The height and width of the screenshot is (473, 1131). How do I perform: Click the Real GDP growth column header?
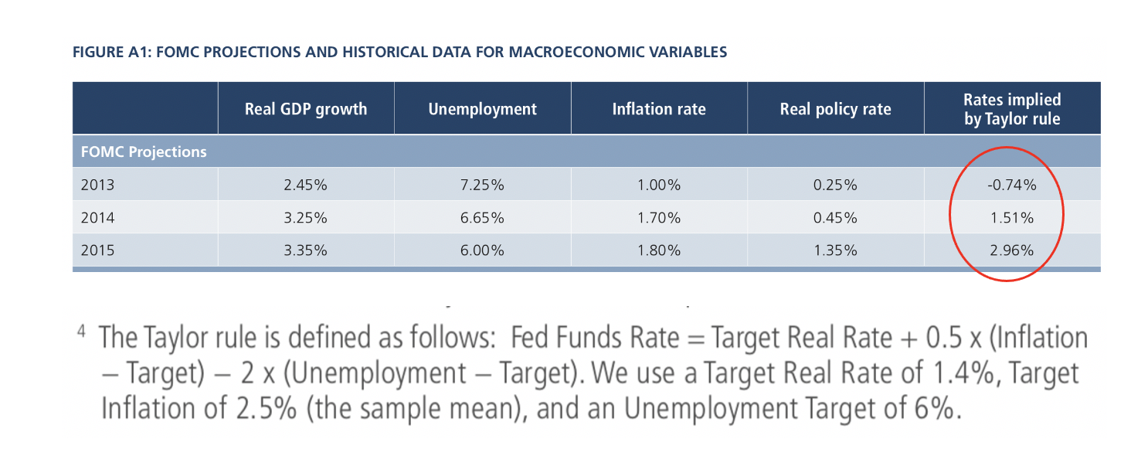pyautogui.click(x=306, y=109)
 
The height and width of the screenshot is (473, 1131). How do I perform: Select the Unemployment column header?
pyautogui.click(x=482, y=109)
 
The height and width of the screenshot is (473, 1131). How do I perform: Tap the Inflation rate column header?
pyautogui.click(x=659, y=109)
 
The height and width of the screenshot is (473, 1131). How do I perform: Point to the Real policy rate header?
pyautogui.click(x=836, y=109)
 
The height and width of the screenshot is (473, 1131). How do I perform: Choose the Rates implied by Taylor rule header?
pyautogui.click(x=1012, y=109)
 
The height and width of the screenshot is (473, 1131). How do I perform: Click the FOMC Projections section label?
pyautogui.click(x=144, y=151)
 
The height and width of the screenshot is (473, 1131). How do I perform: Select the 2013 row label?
pyautogui.click(x=97, y=185)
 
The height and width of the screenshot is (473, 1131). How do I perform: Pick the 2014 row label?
pyautogui.click(x=97, y=218)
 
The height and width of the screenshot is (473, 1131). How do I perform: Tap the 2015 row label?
pyautogui.click(x=97, y=250)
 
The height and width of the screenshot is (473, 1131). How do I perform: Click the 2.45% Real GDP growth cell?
pyautogui.click(x=305, y=185)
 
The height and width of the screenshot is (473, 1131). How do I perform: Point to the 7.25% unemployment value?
pyautogui.click(x=482, y=185)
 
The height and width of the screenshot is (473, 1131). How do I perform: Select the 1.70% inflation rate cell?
pyautogui.click(x=659, y=218)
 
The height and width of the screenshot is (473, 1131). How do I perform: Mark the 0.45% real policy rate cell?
pyautogui.click(x=835, y=218)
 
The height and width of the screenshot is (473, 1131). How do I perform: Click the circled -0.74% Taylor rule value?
pyautogui.click(x=1012, y=185)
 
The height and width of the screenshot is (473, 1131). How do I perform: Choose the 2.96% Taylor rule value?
pyautogui.click(x=1012, y=250)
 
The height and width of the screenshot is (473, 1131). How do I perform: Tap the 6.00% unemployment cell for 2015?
pyautogui.click(x=482, y=250)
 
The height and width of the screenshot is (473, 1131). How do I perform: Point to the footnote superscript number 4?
pyautogui.click(x=81, y=332)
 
